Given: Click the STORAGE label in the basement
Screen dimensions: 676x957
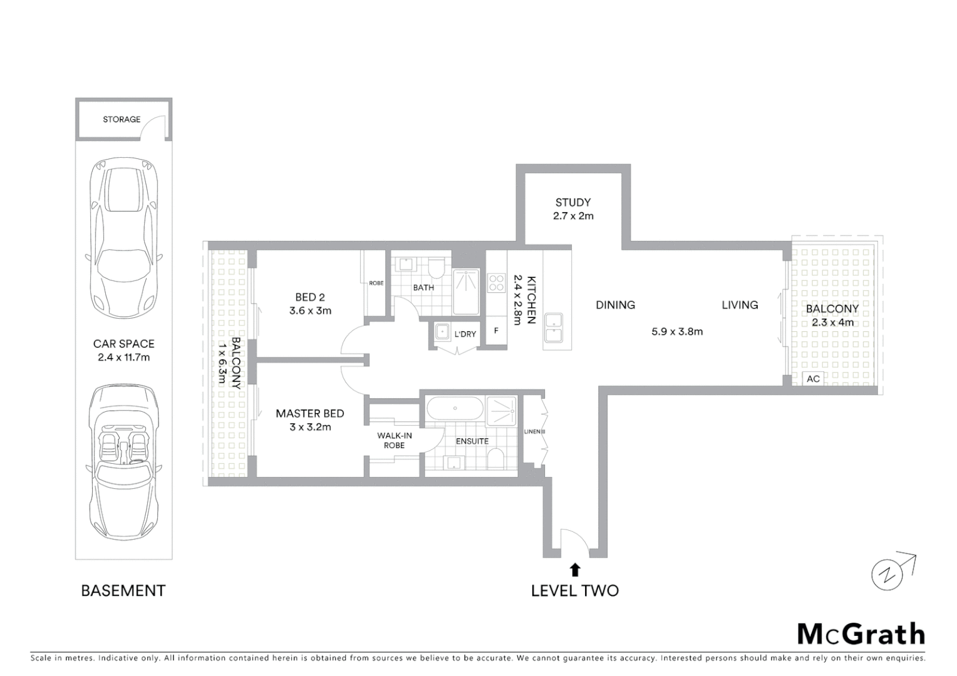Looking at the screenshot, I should [122, 119].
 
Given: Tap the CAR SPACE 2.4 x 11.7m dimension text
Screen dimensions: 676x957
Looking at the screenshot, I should [123, 357].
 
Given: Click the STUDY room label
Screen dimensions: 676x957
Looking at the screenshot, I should [572, 202].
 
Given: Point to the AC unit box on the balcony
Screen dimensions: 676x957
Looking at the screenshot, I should [813, 379].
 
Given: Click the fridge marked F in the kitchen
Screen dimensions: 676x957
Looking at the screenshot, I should [496, 330].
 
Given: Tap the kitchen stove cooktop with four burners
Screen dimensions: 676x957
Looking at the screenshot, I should [496, 283].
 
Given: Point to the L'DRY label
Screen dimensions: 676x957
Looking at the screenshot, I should [465, 334].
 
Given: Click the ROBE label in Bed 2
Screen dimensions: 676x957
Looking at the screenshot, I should [376, 283].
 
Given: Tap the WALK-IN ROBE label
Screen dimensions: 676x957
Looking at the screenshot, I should [395, 441].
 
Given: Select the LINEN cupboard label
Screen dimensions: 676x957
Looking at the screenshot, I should [534, 431].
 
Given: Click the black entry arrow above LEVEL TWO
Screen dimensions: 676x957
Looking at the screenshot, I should [575, 570].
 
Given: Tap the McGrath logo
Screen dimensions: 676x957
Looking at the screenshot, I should [861, 634].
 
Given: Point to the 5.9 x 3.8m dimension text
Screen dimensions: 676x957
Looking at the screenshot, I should [677, 332].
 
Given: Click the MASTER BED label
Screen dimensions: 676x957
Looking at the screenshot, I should [310, 413].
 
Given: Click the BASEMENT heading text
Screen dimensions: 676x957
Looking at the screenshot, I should [123, 590].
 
